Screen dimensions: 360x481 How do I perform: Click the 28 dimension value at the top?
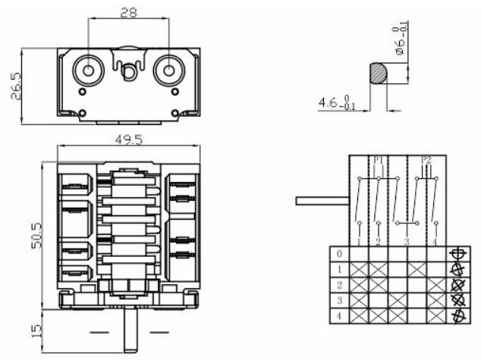click(129, 11)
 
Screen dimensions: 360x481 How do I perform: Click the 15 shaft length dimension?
click(27, 330)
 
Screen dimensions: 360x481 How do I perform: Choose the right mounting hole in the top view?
click(167, 70)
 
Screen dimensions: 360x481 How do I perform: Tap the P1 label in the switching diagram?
click(377, 161)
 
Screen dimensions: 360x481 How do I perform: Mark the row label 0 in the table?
click(339, 254)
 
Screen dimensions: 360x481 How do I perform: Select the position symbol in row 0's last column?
click(457, 254)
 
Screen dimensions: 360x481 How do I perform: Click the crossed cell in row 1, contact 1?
click(358, 269)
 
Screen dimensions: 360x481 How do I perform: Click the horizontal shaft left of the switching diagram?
click(321, 201)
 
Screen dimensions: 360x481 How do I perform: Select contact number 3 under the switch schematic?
click(407, 241)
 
